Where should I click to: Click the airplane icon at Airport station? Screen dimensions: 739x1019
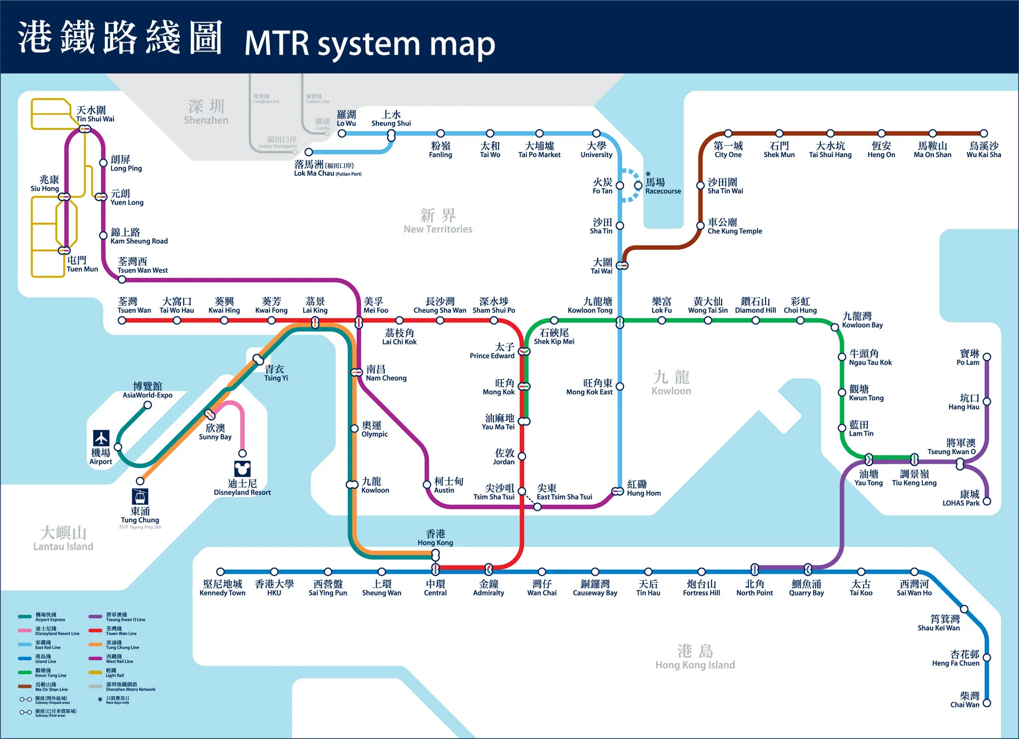coord(101,438)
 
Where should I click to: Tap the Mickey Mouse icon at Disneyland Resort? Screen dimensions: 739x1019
coord(242,469)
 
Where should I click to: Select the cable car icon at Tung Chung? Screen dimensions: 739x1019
coord(140,497)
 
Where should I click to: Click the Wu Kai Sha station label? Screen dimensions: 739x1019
coord(984,150)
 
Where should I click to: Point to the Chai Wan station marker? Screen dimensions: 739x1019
coord(987,703)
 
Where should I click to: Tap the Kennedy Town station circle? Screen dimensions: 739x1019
coord(221,572)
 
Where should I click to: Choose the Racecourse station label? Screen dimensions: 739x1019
coord(662,186)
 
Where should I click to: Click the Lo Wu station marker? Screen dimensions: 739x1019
coord(342,134)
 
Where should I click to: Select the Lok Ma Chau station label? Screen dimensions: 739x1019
coord(327,169)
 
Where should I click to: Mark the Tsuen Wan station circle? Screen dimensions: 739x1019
coord(122,320)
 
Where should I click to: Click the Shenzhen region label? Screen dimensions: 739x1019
coord(206,112)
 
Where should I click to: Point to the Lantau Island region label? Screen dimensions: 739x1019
coord(63,539)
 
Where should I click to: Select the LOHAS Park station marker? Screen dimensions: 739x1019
coord(987,501)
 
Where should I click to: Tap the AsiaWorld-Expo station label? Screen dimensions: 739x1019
coord(148,390)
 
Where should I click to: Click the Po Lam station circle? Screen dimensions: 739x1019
coord(987,357)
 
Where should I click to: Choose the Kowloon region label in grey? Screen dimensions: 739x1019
coord(671,382)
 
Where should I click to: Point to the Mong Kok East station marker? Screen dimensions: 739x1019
coord(620,387)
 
